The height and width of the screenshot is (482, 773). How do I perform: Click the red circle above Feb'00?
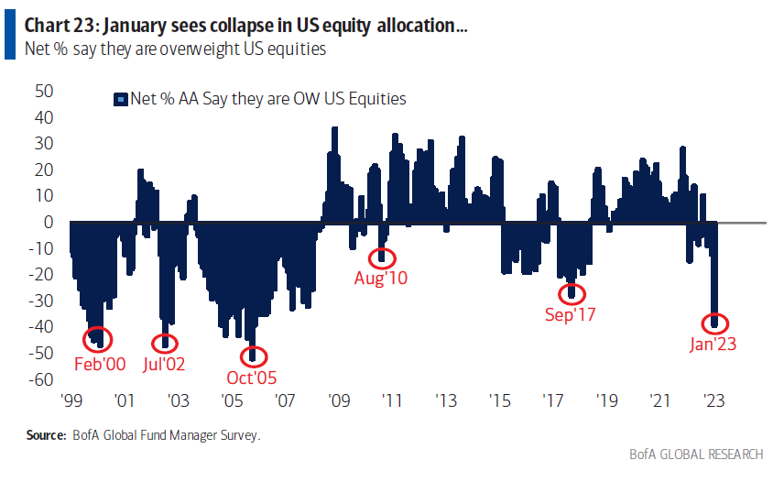98,339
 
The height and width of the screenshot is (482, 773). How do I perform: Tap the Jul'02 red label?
165,363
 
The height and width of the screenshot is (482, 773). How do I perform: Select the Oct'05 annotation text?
253,377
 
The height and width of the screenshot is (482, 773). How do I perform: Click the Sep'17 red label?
572,314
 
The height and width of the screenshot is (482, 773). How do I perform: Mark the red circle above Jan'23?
716,323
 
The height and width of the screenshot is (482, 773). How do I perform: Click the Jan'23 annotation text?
713,345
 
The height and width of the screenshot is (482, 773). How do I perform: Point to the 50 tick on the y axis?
43,91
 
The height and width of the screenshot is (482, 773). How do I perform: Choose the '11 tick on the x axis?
392,400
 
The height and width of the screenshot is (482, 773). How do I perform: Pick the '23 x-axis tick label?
713,400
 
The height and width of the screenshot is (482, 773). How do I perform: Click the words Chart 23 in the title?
52,27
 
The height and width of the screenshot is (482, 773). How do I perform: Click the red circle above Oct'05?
254,356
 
